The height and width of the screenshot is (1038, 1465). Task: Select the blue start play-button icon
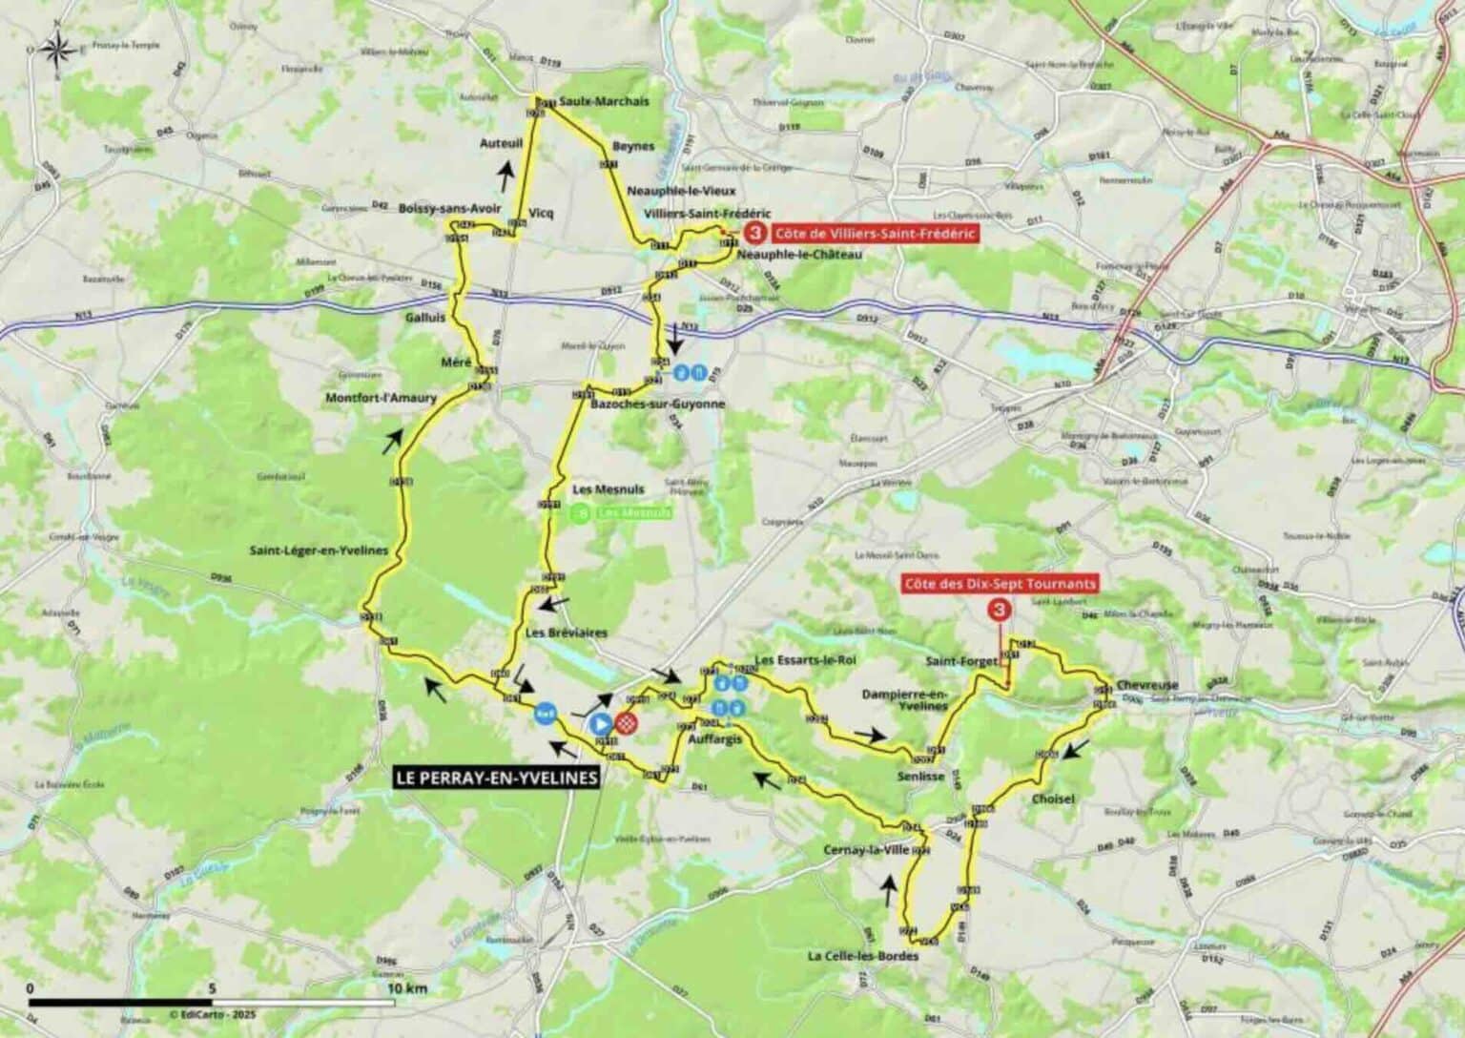(601, 724)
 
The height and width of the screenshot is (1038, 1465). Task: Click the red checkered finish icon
(626, 724)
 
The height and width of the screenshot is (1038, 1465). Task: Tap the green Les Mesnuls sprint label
(633, 513)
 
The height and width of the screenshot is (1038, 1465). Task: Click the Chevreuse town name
(1142, 685)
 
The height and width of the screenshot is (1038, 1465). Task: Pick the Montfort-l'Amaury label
(381, 398)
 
